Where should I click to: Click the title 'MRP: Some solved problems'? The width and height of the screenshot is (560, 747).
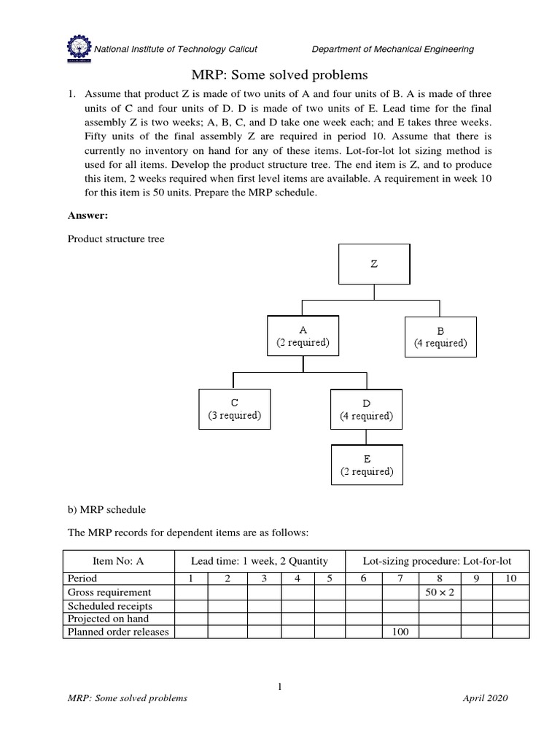(279, 75)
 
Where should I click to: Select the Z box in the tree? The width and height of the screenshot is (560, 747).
(374, 264)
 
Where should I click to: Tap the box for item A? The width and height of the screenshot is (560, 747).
(303, 336)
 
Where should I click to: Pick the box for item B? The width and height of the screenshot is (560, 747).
(440, 337)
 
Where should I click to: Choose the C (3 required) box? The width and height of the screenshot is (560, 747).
(234, 410)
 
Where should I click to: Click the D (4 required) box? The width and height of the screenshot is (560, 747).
(366, 410)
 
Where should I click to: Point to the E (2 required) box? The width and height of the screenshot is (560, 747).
(367, 465)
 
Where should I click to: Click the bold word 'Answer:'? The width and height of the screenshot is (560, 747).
(87, 216)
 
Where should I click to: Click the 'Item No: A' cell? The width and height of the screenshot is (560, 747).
(119, 561)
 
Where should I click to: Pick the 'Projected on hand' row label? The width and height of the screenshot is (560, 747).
(107, 619)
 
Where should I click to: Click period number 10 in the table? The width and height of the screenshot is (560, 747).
(510, 578)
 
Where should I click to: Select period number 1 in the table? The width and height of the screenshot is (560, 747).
(191, 578)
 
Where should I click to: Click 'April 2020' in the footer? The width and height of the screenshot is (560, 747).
(485, 698)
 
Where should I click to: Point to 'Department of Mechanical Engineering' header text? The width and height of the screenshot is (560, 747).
(392, 49)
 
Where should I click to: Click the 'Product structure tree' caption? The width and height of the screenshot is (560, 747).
(116, 239)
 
